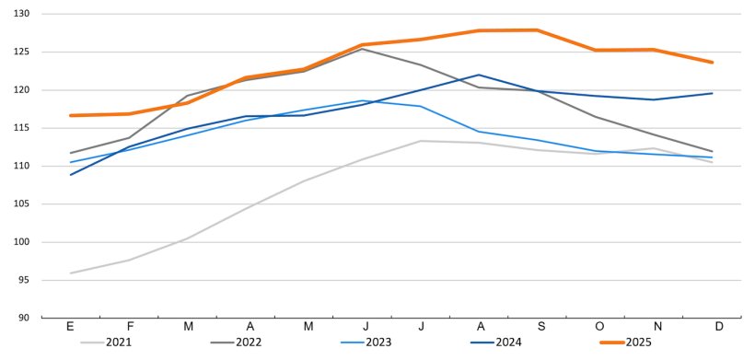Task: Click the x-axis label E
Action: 71,327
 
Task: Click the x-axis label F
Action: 129,327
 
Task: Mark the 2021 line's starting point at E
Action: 71,273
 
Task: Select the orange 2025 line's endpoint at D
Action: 713,62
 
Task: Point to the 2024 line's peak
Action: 479,75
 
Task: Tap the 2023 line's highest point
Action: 363,100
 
